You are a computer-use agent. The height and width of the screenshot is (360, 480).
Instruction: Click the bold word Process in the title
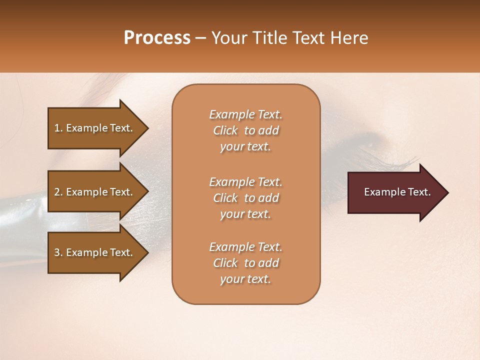pos(157,38)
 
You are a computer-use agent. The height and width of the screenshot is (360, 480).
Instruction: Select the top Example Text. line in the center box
pos(245,114)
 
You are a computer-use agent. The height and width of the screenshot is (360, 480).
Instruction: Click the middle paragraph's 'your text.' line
pos(245,214)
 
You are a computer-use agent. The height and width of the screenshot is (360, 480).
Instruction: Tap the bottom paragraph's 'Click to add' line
pos(245,263)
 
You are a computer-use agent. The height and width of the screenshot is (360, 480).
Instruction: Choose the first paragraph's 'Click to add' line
pos(245,130)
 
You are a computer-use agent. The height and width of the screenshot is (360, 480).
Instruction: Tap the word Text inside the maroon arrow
pos(419,192)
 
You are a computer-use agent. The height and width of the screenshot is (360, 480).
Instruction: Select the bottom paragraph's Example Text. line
pos(245,247)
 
